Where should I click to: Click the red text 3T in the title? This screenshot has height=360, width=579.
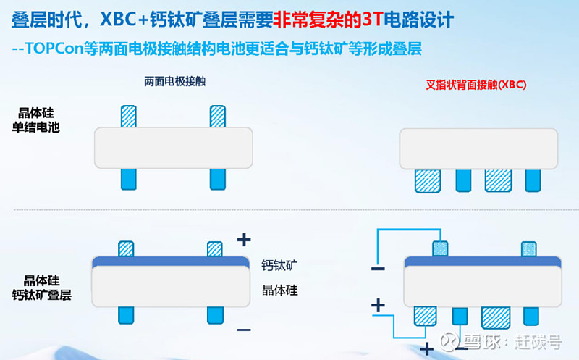click(372, 20)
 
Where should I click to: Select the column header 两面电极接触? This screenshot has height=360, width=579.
click(174, 81)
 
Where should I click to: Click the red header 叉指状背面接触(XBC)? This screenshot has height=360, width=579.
click(476, 85)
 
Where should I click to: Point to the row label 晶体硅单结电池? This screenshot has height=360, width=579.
click(35, 120)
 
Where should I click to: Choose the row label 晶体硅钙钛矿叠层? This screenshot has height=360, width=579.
click(42, 288)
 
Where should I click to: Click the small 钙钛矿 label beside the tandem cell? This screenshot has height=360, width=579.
click(279, 265)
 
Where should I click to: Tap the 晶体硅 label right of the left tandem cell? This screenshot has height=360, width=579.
click(279, 290)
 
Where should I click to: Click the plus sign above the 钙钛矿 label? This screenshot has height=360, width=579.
click(244, 240)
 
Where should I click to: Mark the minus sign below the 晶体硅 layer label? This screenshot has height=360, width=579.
click(244, 330)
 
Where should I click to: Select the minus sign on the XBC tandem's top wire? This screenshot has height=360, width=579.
click(378, 269)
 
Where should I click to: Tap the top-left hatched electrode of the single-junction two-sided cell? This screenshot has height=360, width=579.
click(129, 117)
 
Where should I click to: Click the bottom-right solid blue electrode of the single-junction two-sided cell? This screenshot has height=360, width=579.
click(218, 179)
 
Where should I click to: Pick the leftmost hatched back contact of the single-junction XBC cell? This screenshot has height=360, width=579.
click(428, 181)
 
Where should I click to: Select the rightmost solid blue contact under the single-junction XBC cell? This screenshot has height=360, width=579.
click(533, 181)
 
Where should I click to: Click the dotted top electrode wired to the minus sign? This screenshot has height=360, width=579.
click(440, 248)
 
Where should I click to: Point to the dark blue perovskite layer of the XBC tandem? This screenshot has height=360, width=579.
click(483, 261)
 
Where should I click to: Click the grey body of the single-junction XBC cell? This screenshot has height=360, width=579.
click(478, 149)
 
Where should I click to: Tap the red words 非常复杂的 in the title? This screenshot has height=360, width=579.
click(318, 20)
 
